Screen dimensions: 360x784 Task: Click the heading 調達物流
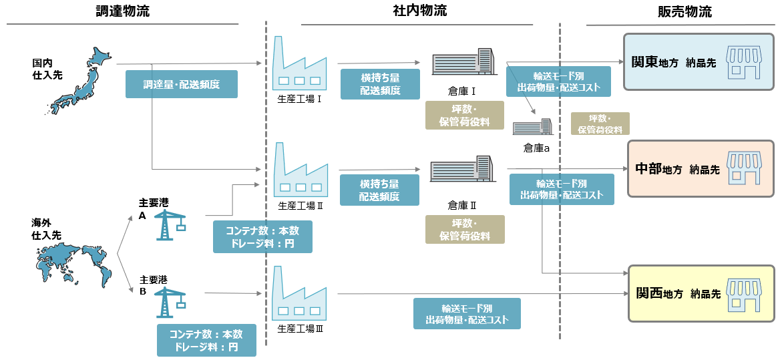pos(123,11)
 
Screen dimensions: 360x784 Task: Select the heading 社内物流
pos(420,11)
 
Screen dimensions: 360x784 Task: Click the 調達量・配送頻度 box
pos(182,84)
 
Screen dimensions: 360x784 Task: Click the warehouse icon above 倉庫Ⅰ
pos(463,63)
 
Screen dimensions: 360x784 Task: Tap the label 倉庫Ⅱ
pos(462,204)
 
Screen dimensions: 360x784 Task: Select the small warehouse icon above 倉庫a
pos(532,128)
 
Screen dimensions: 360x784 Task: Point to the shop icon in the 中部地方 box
pos(744,168)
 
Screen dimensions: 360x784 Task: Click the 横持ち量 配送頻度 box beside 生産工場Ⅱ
pos(379,190)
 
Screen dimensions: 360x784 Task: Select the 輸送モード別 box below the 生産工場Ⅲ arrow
pos(467,314)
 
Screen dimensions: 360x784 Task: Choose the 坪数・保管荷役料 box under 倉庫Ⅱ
pos(465,229)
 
